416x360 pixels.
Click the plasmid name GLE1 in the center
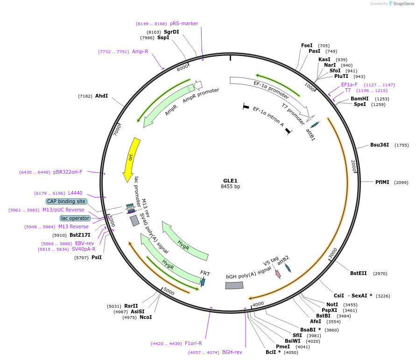point(230,181)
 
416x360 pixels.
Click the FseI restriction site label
point(307,46)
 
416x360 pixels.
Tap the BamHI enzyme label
point(360,99)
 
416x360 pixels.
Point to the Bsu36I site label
point(380,145)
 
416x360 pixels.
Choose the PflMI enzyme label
point(382,182)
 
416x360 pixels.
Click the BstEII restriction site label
point(359,274)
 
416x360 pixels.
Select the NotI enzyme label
point(332,304)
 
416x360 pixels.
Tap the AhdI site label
point(101,96)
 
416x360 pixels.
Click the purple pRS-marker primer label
point(184,23)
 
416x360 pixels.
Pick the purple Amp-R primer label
point(140,51)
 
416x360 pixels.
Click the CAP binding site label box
point(66,201)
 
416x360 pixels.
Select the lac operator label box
point(75,218)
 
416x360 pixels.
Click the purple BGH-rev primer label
point(232,352)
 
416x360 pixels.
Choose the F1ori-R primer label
point(193,343)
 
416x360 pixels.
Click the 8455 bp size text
point(230,187)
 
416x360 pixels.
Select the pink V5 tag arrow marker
point(278,274)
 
